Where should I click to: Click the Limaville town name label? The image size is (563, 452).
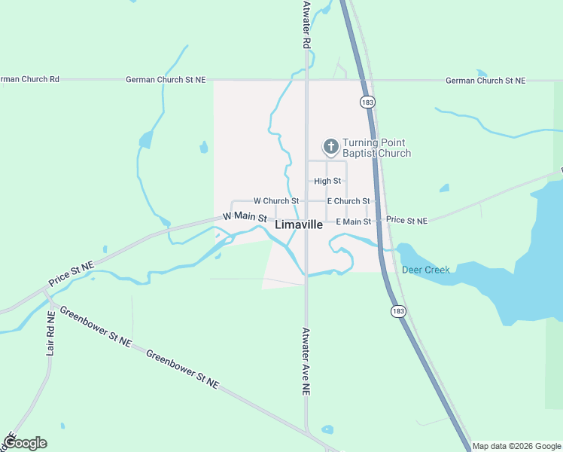[299, 224]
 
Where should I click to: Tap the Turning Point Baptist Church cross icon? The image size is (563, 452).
[330, 146]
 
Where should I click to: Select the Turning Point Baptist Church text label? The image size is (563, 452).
[376, 148]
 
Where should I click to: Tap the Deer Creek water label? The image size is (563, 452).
[425, 270]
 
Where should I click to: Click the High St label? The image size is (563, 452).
[327, 181]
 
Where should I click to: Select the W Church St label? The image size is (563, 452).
[276, 201]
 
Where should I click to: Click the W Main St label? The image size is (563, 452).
[245, 217]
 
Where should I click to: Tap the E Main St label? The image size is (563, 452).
[353, 221]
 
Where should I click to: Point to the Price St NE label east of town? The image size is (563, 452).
[406, 221]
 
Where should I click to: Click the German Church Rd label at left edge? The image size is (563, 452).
[29, 79]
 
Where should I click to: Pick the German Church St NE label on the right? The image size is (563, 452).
[485, 80]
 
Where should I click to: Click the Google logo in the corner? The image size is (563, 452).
[24, 442]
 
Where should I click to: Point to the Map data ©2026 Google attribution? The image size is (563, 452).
[516, 446]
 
